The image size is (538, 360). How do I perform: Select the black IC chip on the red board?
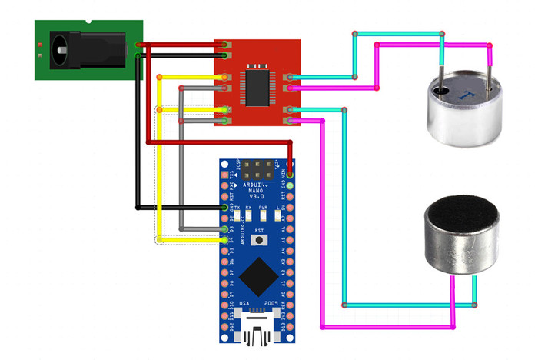[254, 85]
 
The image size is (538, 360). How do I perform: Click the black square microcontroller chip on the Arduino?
[257, 277]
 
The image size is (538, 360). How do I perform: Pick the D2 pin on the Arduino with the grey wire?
[225, 228]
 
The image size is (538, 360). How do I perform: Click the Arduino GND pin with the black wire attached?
[225, 207]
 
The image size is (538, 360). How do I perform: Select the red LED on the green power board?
[39, 47]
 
